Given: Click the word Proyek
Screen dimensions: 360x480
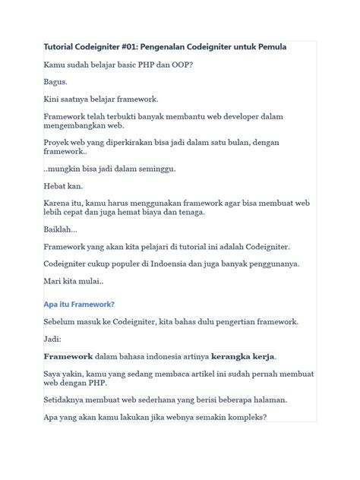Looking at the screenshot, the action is click(58, 143).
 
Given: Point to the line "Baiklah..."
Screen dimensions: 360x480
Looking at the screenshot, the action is click(61, 230).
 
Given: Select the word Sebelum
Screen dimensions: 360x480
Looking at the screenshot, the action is click(61, 322).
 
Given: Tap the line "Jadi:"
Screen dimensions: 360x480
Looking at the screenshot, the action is click(53, 339).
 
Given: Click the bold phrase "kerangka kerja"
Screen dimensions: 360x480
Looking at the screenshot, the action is click(244, 356).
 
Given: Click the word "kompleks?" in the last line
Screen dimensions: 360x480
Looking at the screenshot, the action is click(240, 417).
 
